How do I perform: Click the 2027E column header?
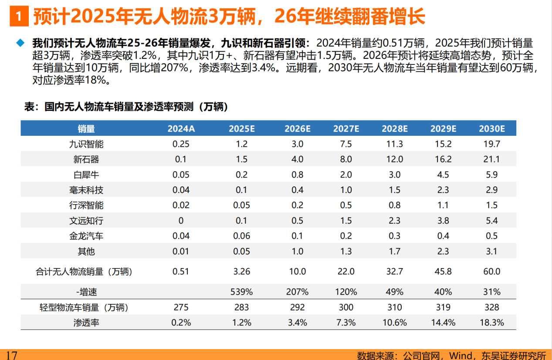point(346,128)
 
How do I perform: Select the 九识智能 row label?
point(86,144)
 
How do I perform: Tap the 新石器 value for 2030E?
point(491,159)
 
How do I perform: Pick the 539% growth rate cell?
point(241,292)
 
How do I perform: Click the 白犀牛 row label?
point(86,175)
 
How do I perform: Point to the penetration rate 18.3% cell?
point(491,323)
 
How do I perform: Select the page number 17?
point(11,355)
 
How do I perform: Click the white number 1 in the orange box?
point(18,17)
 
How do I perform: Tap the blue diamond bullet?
point(20,43)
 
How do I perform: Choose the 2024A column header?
point(181,128)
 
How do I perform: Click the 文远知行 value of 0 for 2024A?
point(181,221)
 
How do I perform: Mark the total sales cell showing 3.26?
point(241,272)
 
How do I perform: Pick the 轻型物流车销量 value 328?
point(491,307)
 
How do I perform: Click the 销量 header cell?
point(86,128)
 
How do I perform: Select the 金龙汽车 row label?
point(86,236)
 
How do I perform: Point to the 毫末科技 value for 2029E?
point(443,190)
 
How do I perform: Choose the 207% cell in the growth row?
point(297,292)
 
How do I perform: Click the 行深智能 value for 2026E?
point(297,205)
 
